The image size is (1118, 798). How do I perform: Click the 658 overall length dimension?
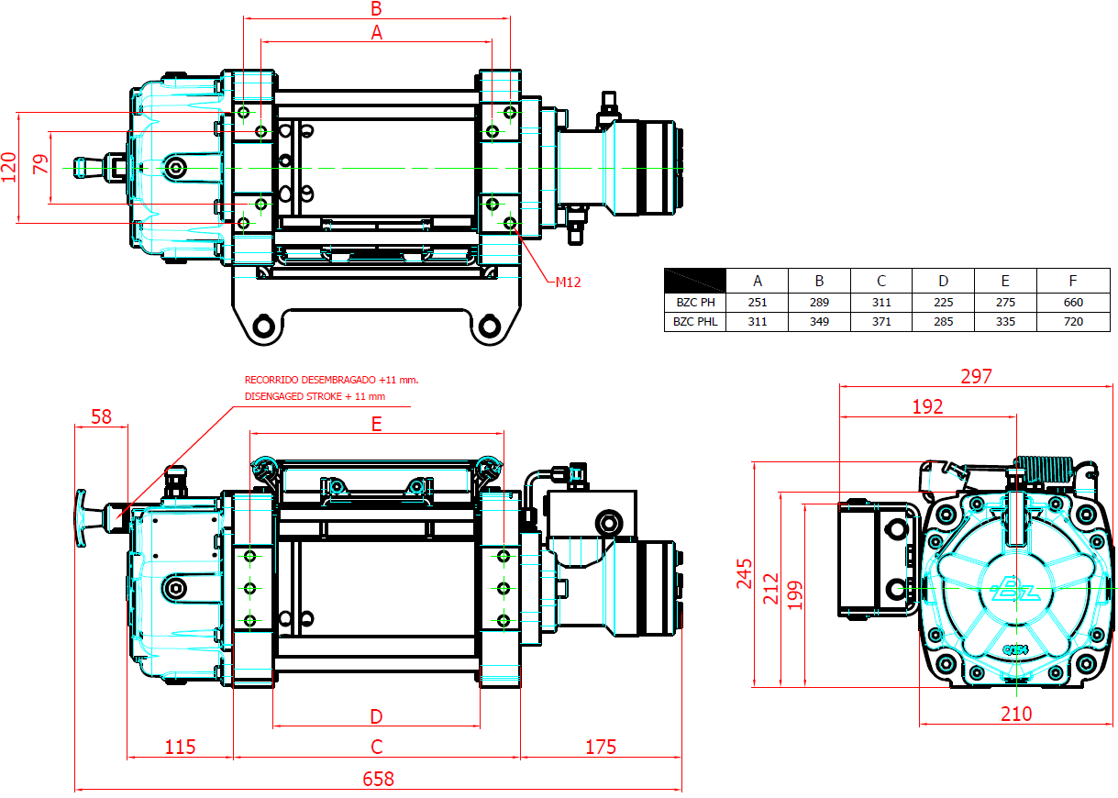click(x=378, y=779)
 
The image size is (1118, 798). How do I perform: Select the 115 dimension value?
click(x=180, y=747)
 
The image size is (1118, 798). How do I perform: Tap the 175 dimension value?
click(x=601, y=747)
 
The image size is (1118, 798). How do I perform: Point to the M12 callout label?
click(x=569, y=282)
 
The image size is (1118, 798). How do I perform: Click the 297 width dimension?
click(x=977, y=376)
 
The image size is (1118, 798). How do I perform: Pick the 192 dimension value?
click(x=927, y=406)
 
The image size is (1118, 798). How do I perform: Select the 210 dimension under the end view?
click(x=1016, y=714)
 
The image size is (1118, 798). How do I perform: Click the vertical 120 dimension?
click(x=9, y=167)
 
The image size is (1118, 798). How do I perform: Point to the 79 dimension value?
click(x=40, y=166)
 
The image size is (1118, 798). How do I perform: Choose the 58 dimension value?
click(x=101, y=416)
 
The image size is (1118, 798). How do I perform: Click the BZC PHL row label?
click(x=694, y=322)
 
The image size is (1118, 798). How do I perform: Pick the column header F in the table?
click(x=1072, y=281)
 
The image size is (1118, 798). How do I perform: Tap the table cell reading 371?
click(x=881, y=322)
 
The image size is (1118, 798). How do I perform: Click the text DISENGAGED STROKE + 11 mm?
click(x=315, y=396)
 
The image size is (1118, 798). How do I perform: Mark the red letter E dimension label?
click(x=376, y=424)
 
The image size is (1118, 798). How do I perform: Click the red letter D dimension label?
click(x=376, y=716)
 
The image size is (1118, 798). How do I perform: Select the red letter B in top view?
click(x=376, y=9)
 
